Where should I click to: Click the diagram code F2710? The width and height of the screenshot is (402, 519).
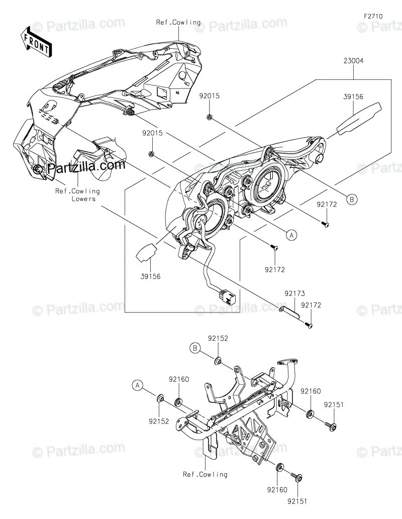coord(373,16)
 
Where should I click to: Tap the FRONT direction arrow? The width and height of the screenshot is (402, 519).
coord(35,42)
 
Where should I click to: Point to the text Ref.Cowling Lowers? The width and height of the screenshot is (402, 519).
coord(78,195)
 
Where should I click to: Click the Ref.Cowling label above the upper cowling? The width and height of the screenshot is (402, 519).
coord(178,22)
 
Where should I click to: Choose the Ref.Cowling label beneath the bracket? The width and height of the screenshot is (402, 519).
coord(205,474)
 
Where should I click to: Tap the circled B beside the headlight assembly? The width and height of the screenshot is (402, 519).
coord(352,199)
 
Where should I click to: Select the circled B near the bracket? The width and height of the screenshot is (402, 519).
coord(195,347)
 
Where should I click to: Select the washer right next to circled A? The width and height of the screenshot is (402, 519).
coord(160,399)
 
